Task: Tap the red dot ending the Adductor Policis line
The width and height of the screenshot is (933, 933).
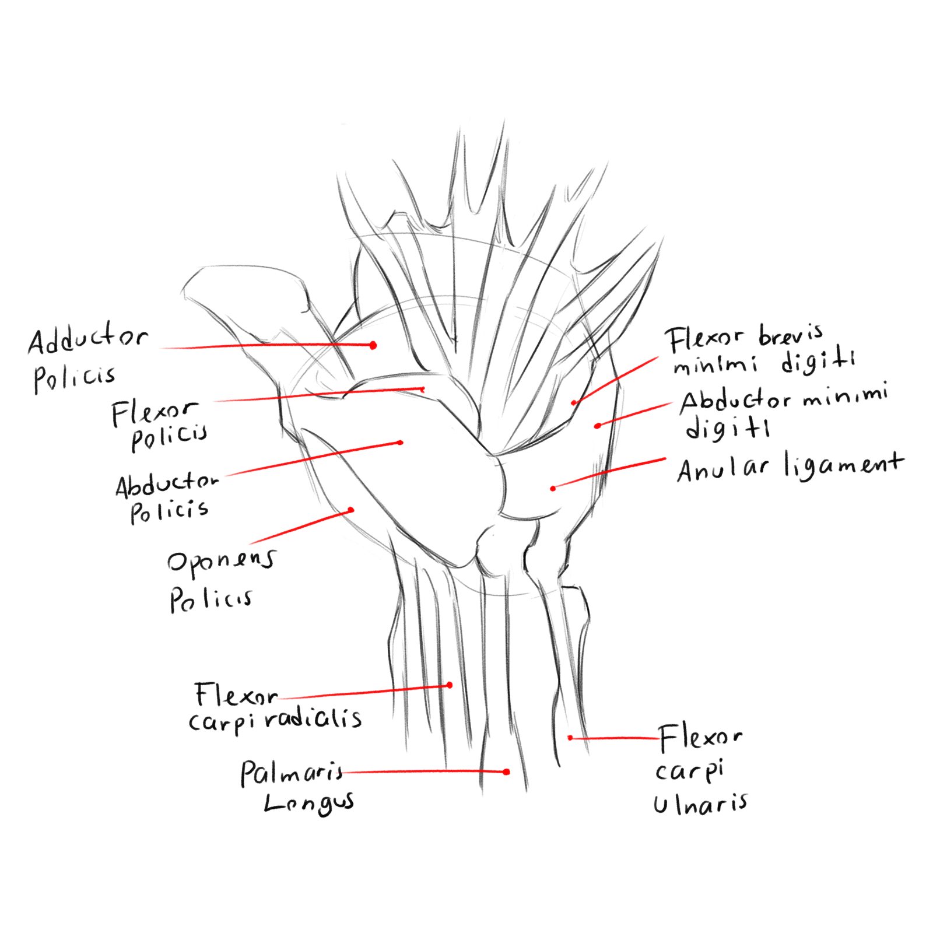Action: tap(373, 345)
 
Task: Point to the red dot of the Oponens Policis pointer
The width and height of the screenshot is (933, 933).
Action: tap(351, 510)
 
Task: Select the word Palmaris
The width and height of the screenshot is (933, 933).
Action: tap(292, 773)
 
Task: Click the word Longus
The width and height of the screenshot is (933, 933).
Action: tap(308, 804)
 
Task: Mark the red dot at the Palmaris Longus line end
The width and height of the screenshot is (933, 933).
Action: tap(506, 772)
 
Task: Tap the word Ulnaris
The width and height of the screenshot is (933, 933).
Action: tap(700, 805)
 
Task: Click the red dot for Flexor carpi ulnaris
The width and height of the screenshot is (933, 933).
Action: tap(570, 738)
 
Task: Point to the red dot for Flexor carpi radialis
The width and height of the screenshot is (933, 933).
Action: tap(450, 685)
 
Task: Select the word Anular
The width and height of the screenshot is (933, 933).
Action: tap(723, 469)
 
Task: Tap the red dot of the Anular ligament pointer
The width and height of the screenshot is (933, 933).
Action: tap(553, 488)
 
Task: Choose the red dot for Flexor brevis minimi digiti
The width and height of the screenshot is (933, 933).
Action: tap(574, 403)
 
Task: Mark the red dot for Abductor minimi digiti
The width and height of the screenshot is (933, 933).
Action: tap(597, 426)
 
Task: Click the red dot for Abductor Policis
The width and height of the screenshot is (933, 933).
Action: tap(400, 443)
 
